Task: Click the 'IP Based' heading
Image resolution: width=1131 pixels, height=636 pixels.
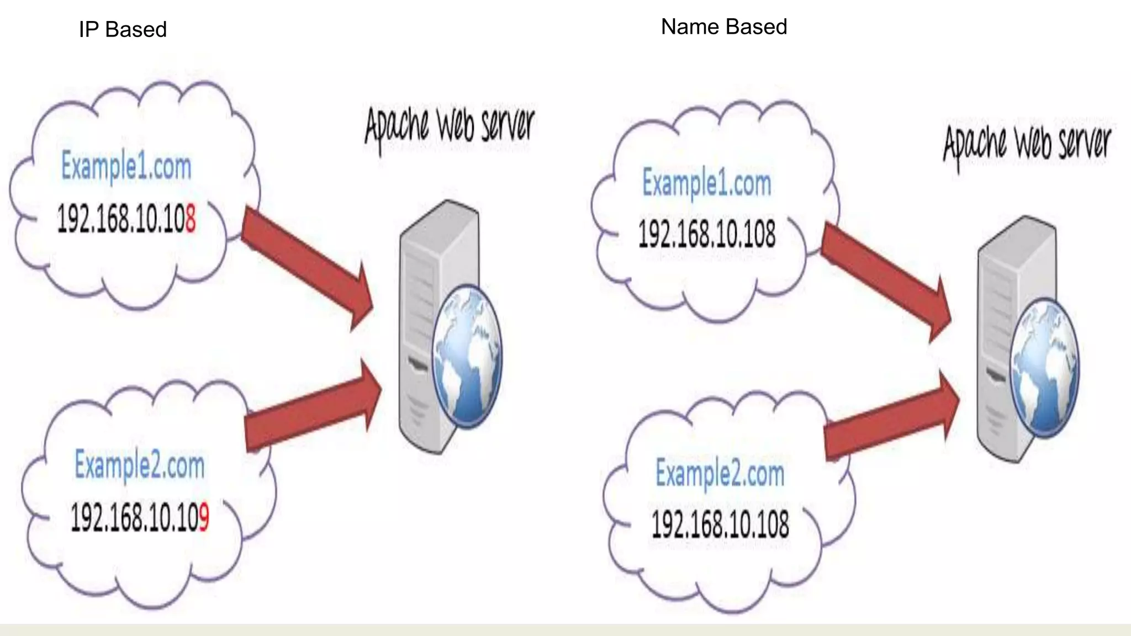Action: click(x=123, y=29)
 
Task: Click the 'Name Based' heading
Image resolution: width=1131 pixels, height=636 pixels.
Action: click(x=723, y=26)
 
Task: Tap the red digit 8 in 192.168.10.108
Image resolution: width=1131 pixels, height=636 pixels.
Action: click(x=190, y=219)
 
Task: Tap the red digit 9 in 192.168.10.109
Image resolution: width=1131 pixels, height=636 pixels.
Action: click(x=204, y=517)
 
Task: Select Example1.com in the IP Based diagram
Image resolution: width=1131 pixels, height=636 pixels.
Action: click(x=126, y=166)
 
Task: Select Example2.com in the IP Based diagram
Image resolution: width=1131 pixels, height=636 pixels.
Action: click(x=139, y=465)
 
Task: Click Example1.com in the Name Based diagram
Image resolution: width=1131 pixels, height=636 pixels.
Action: click(x=706, y=183)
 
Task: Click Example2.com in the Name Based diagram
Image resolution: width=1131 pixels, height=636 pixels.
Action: click(x=720, y=474)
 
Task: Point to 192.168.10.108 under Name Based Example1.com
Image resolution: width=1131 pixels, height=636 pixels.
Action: click(x=706, y=234)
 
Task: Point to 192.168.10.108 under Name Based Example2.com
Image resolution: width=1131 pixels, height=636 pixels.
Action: click(x=720, y=524)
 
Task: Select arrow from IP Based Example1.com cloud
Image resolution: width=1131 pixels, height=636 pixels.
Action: click(x=306, y=265)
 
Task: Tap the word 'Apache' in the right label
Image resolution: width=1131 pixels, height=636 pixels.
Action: click(x=975, y=145)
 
